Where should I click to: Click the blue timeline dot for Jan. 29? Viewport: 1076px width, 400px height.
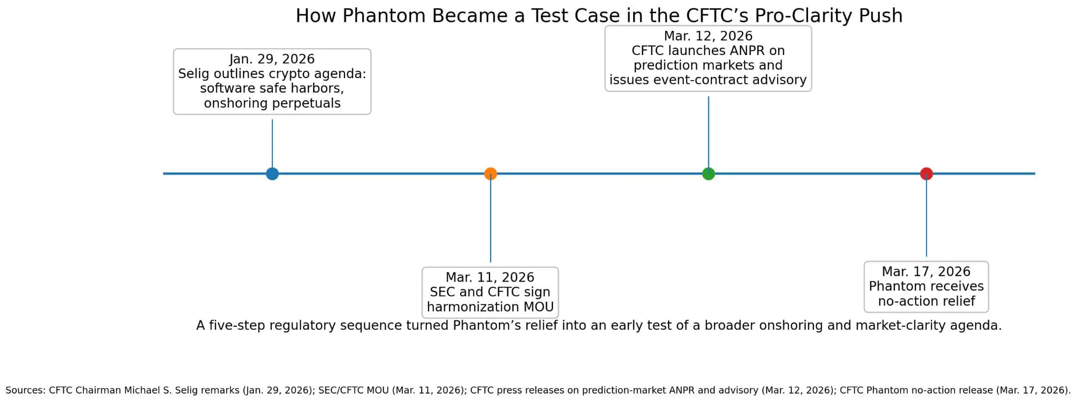272,173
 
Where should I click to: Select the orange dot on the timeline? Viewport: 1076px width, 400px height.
490,173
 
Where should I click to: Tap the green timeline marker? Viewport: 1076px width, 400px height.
708,173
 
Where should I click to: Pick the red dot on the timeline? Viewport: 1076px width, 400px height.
926,173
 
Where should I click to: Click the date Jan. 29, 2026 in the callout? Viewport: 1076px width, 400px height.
272,59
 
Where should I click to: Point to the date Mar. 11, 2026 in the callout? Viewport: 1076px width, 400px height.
490,277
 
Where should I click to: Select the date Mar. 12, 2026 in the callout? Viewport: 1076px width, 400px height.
708,36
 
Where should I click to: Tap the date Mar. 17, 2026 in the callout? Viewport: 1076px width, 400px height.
926,271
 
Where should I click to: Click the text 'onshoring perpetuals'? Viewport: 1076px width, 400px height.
272,103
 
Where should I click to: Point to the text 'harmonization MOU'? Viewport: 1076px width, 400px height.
490,307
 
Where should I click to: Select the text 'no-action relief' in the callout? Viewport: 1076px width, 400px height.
926,301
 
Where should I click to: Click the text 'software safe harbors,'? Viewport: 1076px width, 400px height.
272,88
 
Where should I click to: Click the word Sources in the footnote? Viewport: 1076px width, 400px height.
25,390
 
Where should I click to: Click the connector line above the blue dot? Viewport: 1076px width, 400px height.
272,143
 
